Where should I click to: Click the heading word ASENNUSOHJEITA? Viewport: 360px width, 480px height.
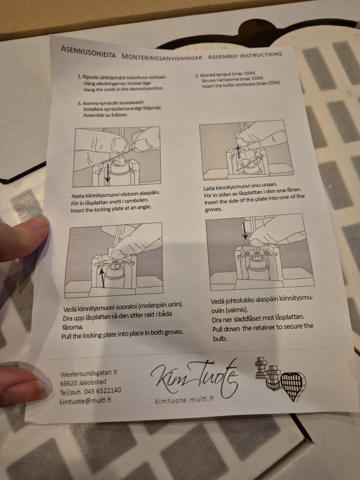click(88, 52)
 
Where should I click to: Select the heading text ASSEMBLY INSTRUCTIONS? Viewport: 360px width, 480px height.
click(245, 55)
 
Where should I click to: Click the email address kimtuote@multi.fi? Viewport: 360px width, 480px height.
click(85, 400)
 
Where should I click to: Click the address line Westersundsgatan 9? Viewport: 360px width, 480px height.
click(88, 373)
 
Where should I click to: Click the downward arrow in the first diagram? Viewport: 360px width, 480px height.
click(107, 173)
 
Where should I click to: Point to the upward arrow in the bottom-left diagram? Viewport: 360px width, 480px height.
click(102, 278)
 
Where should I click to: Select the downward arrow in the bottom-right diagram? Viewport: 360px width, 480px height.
click(245, 231)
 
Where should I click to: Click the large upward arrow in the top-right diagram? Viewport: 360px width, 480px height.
click(238, 152)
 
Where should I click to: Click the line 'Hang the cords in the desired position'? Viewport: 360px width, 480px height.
click(123, 89)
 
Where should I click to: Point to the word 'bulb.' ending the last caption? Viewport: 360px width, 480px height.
click(220, 338)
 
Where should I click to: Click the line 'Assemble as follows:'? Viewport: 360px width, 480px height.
click(105, 115)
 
